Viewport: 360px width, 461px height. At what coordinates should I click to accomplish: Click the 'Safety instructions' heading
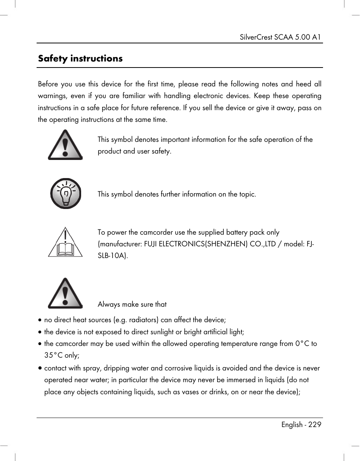[x=80, y=58]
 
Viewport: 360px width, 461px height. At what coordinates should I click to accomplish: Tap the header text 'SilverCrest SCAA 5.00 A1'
[x=280, y=37]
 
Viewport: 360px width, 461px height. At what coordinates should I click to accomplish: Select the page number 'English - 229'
[x=301, y=424]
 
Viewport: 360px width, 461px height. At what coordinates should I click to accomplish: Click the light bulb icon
[x=66, y=194]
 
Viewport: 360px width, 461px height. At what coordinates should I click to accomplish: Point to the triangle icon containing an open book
[x=65, y=243]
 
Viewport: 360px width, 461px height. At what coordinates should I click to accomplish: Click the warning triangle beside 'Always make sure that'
[x=65, y=294]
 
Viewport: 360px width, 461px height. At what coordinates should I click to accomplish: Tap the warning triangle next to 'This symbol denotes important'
[x=65, y=145]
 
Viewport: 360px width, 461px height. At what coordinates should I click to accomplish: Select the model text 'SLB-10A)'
[x=113, y=256]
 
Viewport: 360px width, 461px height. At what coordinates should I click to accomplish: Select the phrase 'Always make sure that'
[x=132, y=304]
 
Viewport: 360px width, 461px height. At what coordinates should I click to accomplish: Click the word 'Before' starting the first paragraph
[x=48, y=84]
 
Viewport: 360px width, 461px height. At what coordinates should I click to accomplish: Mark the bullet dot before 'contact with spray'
[x=40, y=368]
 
